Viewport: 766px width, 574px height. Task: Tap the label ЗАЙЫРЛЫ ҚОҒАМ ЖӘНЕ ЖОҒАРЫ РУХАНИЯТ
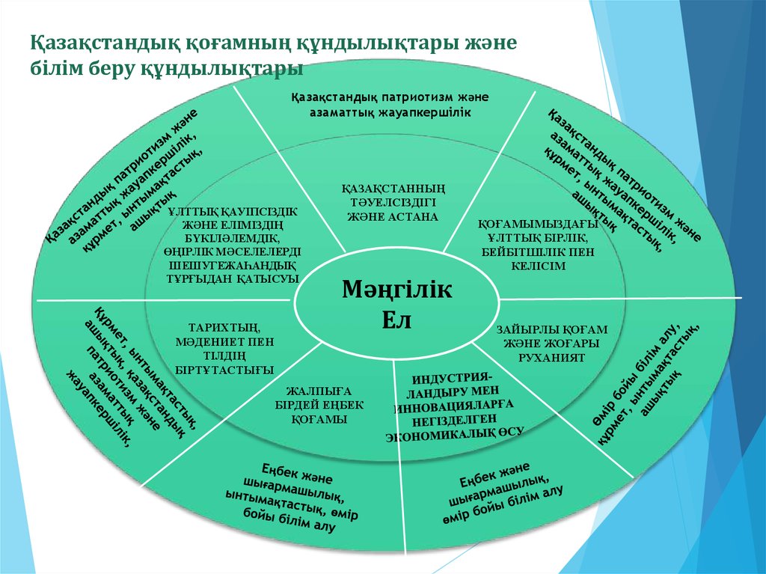[x=552, y=343]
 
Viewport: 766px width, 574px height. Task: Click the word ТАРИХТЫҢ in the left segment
[x=224, y=326]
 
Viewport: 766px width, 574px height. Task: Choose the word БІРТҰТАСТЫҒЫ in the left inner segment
[x=224, y=369]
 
